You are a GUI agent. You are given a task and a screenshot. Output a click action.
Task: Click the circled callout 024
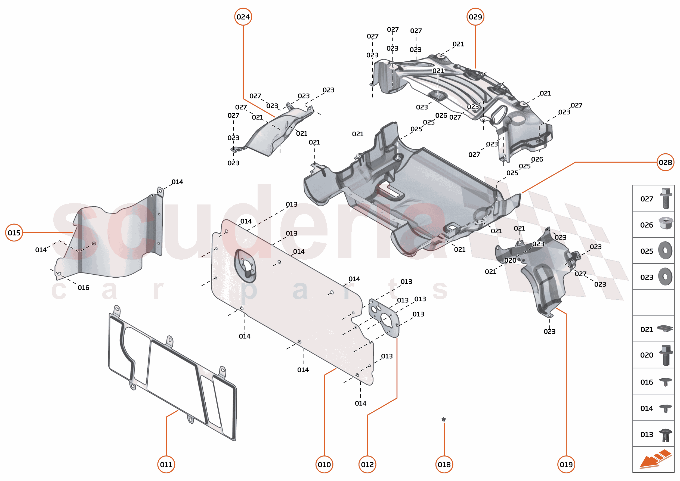[x=243, y=17]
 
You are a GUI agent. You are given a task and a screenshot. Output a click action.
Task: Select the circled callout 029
[x=475, y=17]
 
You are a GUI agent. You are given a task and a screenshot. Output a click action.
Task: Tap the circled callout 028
[x=665, y=162]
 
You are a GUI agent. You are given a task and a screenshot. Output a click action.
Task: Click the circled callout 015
[x=14, y=233]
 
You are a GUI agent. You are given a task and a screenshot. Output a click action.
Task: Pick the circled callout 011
[x=166, y=465]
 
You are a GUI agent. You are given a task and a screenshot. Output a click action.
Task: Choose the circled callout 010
[x=324, y=465]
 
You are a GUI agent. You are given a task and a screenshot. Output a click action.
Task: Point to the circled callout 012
[x=367, y=465]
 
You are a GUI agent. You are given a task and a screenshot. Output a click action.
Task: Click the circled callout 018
[x=444, y=465]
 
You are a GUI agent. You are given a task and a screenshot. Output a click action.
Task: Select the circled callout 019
[x=566, y=465]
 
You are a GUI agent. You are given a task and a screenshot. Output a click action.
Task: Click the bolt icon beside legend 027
[x=666, y=198]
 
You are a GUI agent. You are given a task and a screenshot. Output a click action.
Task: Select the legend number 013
[x=647, y=435]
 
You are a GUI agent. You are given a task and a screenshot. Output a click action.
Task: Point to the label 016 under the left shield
[x=83, y=288]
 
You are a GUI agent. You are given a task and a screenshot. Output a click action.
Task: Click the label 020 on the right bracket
[x=510, y=260]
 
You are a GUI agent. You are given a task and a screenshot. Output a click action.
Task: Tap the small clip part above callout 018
[x=444, y=419]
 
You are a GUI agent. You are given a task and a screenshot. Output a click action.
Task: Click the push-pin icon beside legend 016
[x=665, y=382]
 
